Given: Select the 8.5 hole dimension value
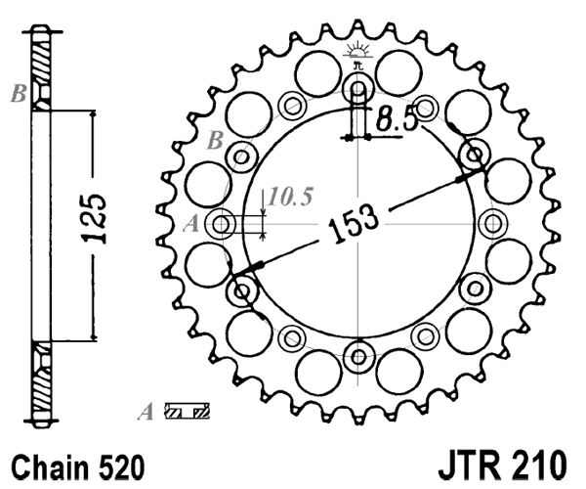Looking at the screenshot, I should pyautogui.click(x=398, y=122).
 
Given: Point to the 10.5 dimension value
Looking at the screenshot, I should pyautogui.click(x=289, y=198).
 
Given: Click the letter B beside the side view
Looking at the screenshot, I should pyautogui.click(x=18, y=95).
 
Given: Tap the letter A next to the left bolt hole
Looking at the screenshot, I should pyautogui.click(x=191, y=225).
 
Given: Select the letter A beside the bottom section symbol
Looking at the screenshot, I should pyautogui.click(x=146, y=412).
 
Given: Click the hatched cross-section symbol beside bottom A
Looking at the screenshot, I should pyautogui.click(x=188, y=412).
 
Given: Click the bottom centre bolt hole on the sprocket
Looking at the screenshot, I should pyautogui.click(x=358, y=354).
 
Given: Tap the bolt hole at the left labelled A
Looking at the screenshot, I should pyautogui.click(x=224, y=225).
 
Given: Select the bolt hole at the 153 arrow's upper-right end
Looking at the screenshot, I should pyautogui.click(x=476, y=156).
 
